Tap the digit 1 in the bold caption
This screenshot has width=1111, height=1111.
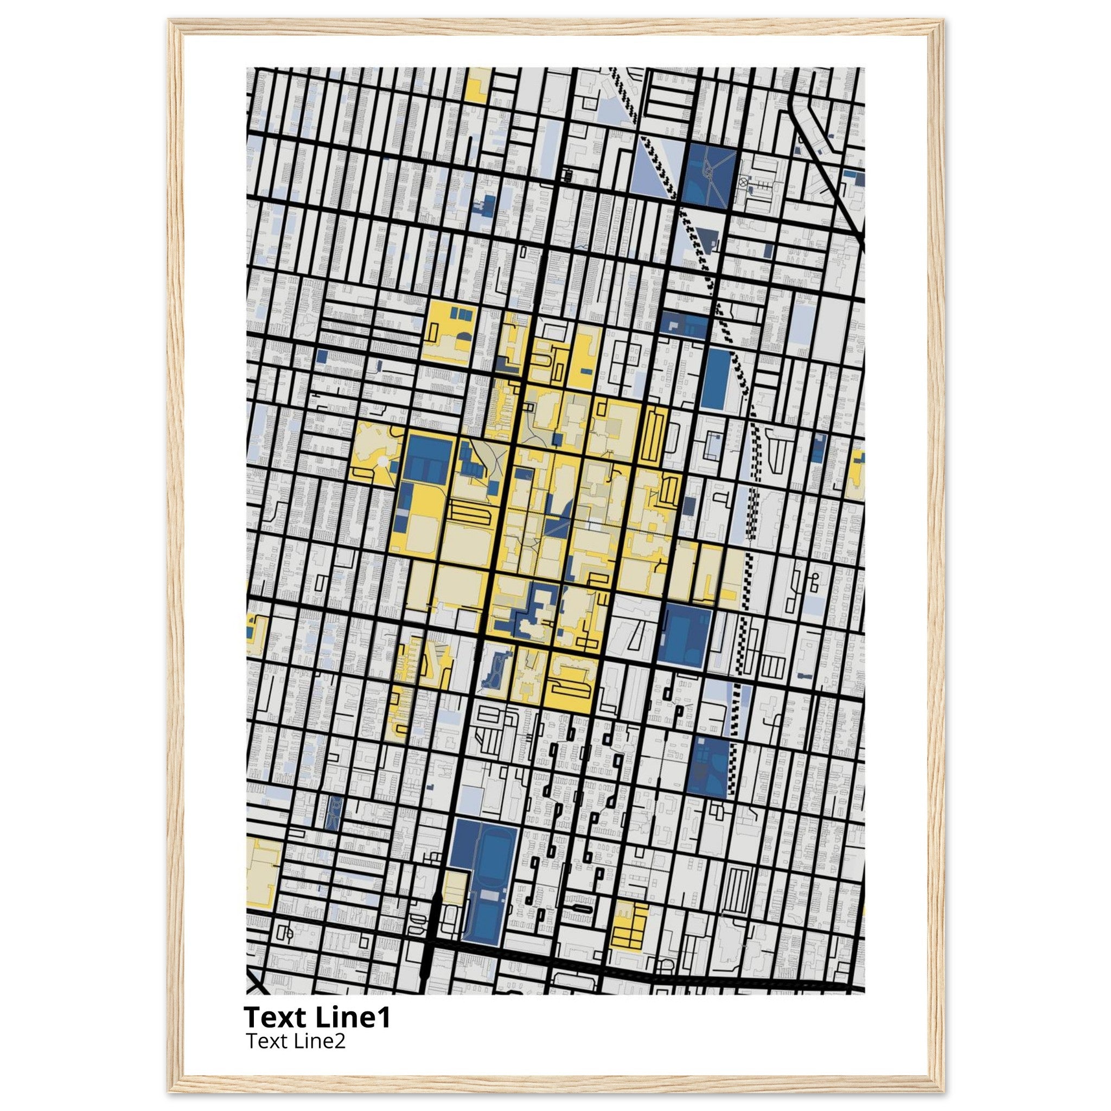[385, 1018]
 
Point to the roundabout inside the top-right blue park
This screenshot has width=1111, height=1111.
[710, 169]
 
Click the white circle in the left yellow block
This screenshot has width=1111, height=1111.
[382, 461]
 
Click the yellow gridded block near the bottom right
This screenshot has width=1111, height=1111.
[629, 937]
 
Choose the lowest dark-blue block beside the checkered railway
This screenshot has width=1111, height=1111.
[710, 767]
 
